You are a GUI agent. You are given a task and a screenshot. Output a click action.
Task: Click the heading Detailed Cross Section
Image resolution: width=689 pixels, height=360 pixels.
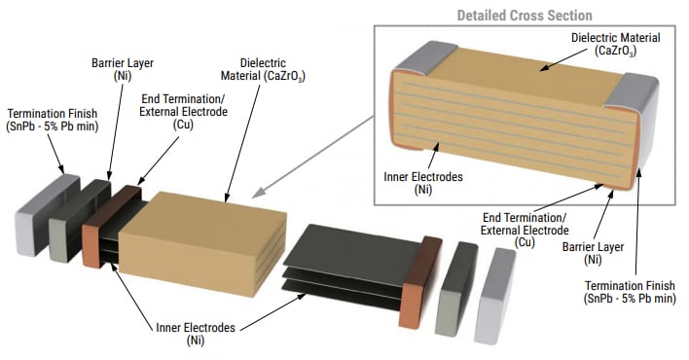click(x=525, y=15)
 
